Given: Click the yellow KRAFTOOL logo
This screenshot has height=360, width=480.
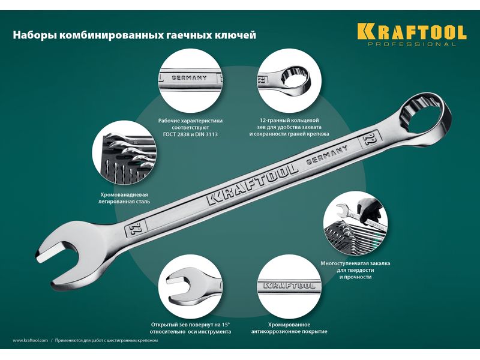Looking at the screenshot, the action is (412, 31).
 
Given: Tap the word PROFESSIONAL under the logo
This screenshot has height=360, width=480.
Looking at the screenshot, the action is (412, 44).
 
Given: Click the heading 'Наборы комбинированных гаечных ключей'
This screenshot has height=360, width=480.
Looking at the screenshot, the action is (134, 35).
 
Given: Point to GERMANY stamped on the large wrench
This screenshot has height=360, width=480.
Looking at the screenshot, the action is (327, 155).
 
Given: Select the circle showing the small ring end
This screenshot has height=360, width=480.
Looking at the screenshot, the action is (289, 80).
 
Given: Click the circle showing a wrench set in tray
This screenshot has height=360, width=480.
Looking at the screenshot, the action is (124, 153).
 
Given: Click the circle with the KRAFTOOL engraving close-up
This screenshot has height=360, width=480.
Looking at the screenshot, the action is (289, 286).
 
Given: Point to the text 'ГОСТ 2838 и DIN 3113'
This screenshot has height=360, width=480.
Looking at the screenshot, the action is (190, 134).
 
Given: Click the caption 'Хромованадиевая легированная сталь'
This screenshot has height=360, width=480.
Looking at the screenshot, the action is (124, 198).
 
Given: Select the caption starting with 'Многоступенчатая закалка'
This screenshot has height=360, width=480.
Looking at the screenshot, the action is (355, 270).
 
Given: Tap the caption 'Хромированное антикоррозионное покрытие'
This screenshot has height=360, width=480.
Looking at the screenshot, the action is (289, 328).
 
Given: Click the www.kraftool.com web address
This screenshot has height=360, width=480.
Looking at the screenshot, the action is (31, 340).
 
